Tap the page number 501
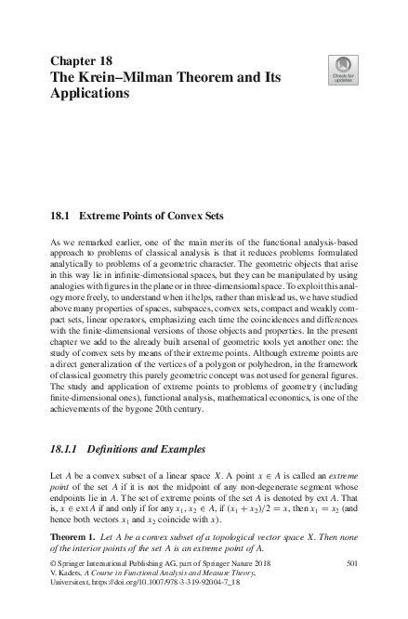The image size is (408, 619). pyautogui.click(x=351, y=563)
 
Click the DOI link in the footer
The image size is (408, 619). pyautogui.click(x=152, y=586)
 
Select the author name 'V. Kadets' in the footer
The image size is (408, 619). pyautogui.click(x=64, y=575)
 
